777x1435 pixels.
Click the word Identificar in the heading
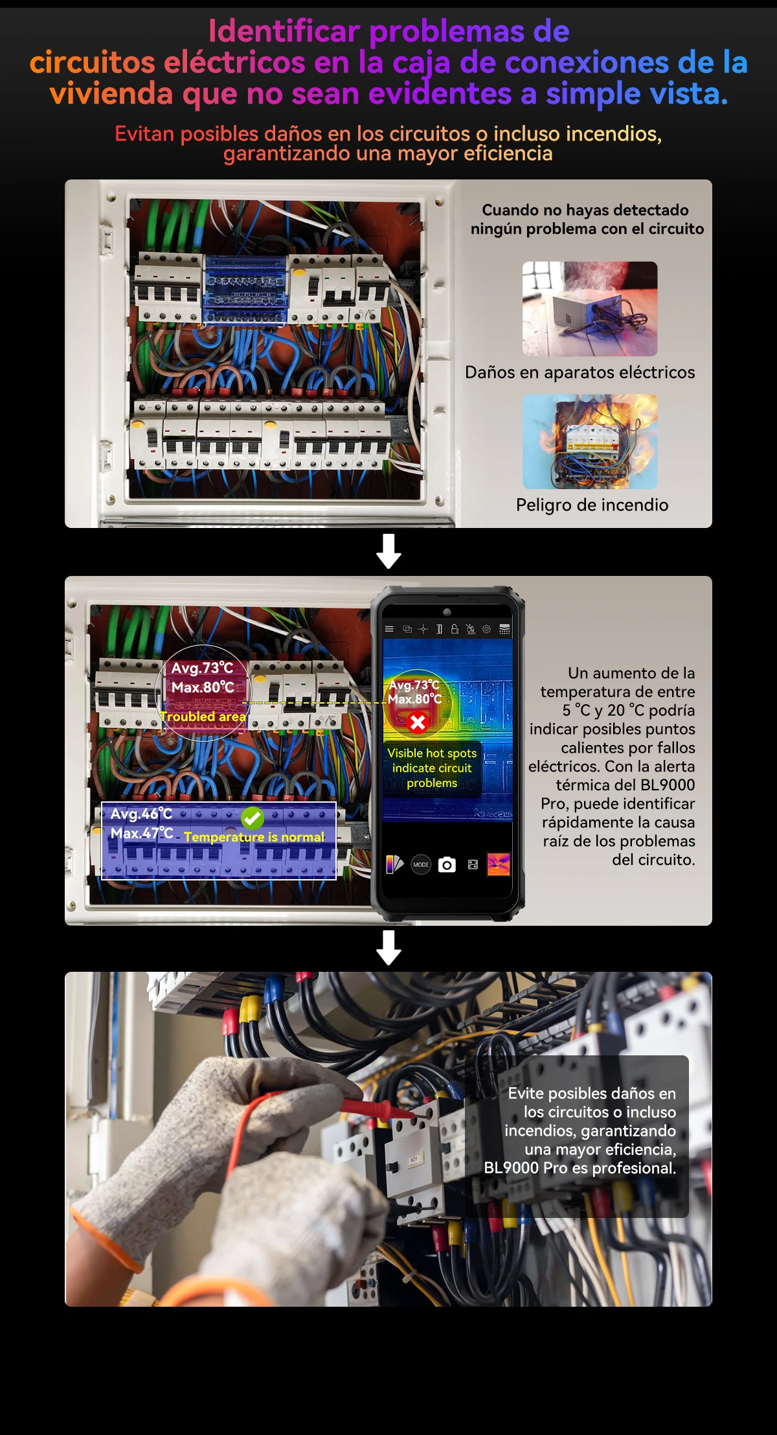coord(284,31)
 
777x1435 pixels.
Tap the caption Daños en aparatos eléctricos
coord(580,373)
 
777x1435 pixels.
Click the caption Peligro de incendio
coord(592,505)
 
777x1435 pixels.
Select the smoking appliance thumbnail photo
coord(589,308)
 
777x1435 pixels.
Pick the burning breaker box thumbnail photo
coord(589,442)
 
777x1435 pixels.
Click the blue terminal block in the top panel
coord(245,290)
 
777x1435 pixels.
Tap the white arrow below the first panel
coord(388,551)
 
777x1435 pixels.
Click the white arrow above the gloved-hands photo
coord(388,948)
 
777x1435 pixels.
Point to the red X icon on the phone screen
coord(418,722)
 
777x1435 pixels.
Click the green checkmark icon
coord(253,818)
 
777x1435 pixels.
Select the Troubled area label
coord(203,717)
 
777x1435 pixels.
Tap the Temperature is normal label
coord(254,837)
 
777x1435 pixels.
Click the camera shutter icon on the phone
coord(447,865)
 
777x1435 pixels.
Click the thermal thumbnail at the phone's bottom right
coord(498,864)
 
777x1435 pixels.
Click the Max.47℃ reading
coord(141,833)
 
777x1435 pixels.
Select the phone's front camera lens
coord(447,612)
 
